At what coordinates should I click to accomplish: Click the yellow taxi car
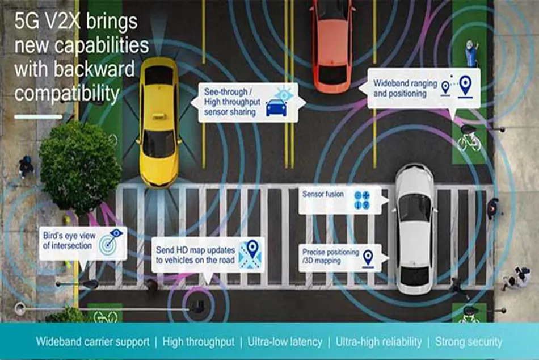159,122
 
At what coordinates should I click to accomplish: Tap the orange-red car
332,45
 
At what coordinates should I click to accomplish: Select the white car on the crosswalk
414,229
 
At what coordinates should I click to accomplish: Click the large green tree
80,167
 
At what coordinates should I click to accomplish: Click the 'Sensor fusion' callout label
323,194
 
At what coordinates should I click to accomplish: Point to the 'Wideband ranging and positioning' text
405,88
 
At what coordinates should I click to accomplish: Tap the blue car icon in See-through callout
276,108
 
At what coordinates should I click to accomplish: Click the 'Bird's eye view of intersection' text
69,241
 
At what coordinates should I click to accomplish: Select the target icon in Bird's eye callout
110,241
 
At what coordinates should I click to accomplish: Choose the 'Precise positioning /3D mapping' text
330,257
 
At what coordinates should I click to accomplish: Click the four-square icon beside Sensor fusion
362,200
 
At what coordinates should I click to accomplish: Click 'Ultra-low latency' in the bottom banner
285,342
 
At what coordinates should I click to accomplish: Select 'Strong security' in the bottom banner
469,342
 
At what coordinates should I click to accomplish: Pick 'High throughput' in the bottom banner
199,342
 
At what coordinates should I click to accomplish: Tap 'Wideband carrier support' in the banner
93,342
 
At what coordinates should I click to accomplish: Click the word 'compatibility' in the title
67,94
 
